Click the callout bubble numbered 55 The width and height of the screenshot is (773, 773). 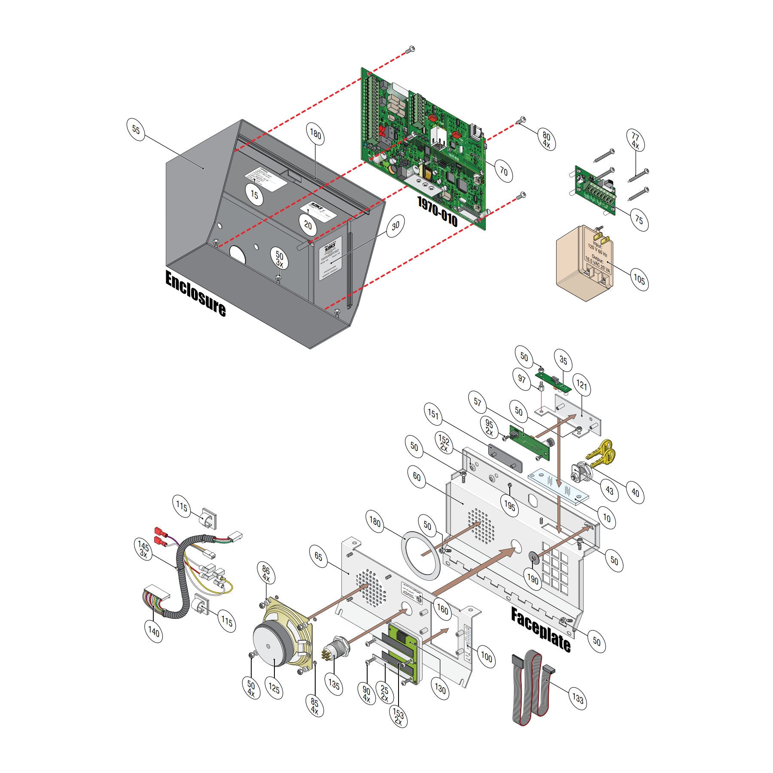(136, 129)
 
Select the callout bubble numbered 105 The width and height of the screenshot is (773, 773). (639, 280)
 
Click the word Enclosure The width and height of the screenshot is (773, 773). (195, 294)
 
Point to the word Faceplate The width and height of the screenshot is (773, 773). (541, 630)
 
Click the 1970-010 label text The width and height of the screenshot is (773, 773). (438, 212)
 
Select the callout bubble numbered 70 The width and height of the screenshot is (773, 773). (503, 171)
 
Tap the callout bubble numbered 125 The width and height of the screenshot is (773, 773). (274, 688)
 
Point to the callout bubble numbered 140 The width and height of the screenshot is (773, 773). (154, 631)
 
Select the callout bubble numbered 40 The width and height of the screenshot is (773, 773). (635, 493)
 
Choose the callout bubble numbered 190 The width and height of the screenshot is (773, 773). (533, 579)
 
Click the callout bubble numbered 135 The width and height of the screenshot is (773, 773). (334, 684)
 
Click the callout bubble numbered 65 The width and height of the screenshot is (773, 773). (318, 557)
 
